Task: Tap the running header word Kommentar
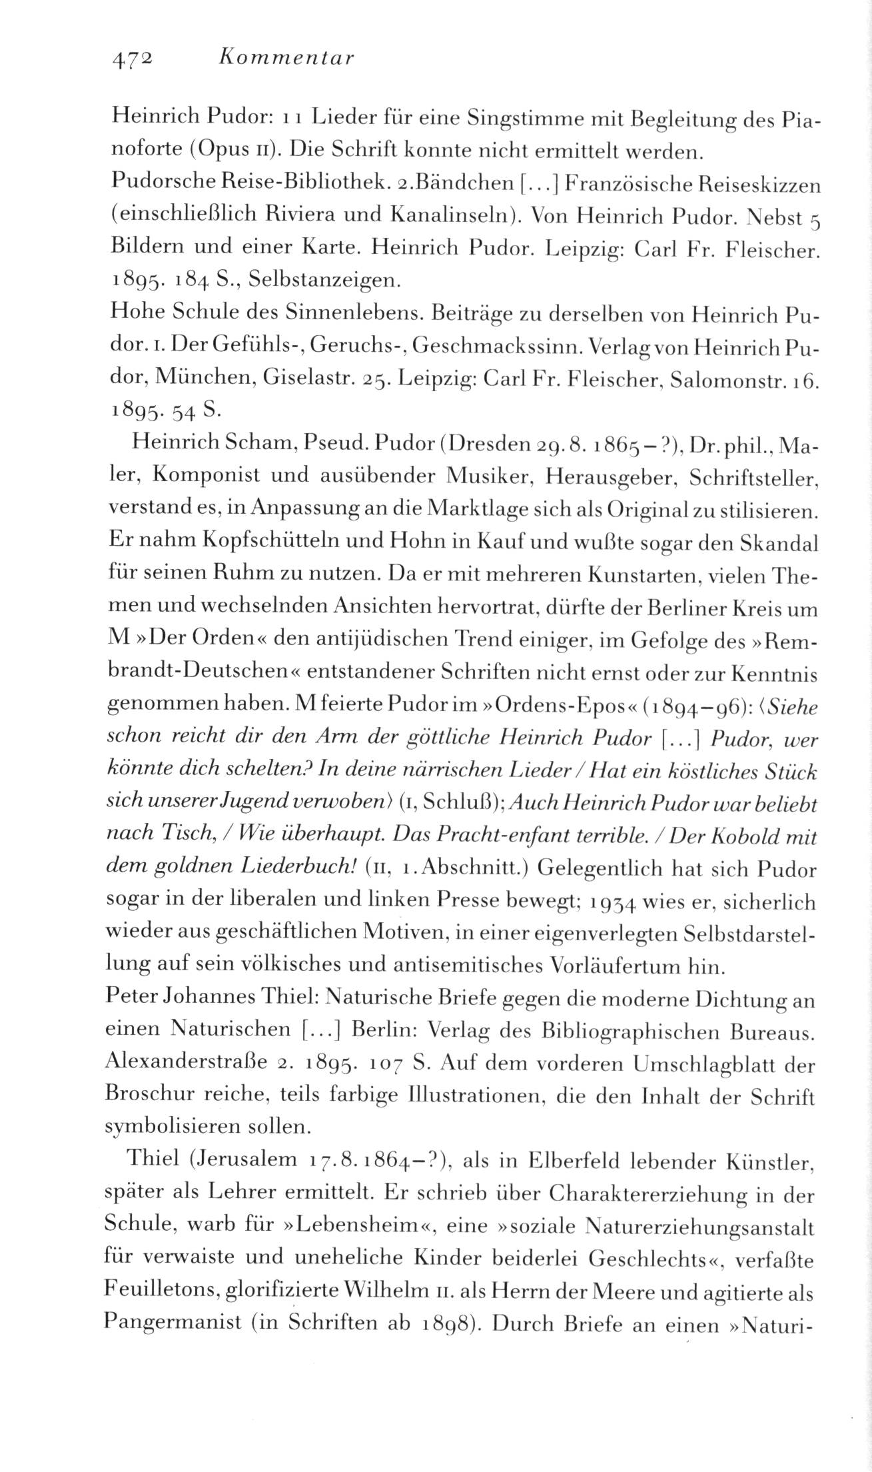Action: (286, 59)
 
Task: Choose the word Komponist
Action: (211, 476)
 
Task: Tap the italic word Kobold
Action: (715, 837)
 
